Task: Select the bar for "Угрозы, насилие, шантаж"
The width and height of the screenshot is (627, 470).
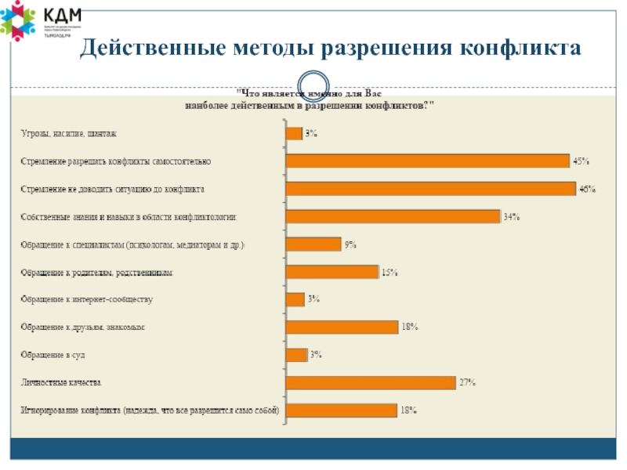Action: [x=294, y=133]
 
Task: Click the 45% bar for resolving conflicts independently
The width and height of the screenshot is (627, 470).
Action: [x=427, y=161]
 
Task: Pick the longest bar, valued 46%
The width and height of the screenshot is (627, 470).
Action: [x=431, y=189]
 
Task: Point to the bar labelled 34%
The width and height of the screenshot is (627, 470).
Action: [x=393, y=216]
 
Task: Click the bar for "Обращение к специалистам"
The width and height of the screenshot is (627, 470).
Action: [x=313, y=244]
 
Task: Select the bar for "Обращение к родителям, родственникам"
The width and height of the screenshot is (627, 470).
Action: [x=332, y=272]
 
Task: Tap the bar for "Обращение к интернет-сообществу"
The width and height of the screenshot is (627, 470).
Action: [x=295, y=299]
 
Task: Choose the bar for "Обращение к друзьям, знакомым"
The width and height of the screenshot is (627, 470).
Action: [x=342, y=327]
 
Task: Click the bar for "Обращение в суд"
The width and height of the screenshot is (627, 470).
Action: [x=296, y=355]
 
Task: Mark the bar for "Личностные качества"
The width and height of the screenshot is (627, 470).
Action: [x=371, y=382]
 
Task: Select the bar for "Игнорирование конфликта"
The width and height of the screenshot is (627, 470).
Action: [x=342, y=410]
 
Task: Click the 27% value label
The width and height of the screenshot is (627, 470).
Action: [x=468, y=383]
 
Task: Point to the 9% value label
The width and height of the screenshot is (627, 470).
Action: [x=350, y=245]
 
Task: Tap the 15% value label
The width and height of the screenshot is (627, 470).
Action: [x=390, y=273]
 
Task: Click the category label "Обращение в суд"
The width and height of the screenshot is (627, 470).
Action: [x=52, y=355]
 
